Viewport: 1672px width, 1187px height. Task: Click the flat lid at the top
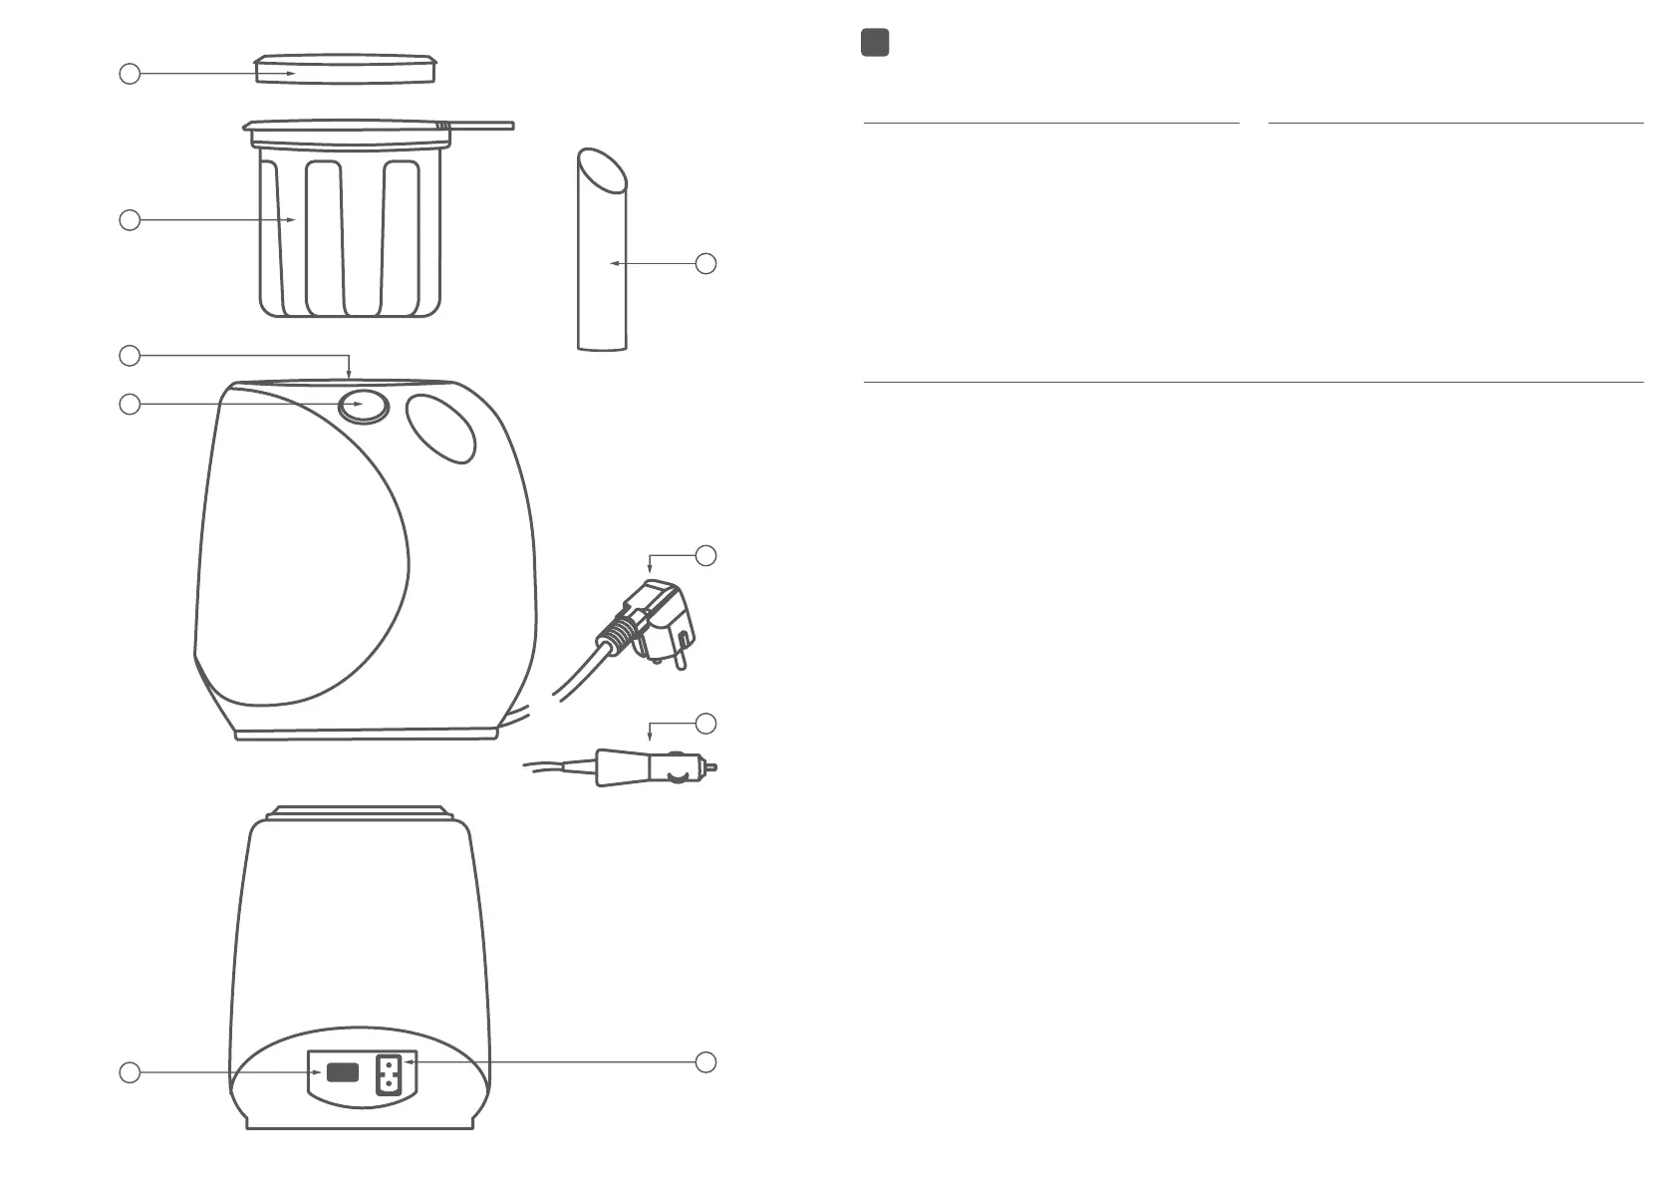tap(345, 70)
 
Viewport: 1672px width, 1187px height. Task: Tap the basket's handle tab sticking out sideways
tap(482, 126)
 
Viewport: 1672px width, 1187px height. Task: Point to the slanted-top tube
tap(602, 259)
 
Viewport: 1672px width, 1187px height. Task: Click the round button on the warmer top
tap(363, 406)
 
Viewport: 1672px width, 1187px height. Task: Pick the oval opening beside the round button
tap(441, 429)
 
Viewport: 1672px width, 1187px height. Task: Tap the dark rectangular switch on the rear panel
tap(342, 1073)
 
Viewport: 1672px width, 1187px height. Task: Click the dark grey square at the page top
tap(875, 43)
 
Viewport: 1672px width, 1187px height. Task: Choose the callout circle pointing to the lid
tap(130, 74)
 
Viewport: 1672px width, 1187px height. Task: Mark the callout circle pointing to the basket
tap(130, 220)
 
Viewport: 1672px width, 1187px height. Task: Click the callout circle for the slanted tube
tap(705, 264)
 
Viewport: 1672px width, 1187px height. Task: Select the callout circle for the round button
tap(130, 405)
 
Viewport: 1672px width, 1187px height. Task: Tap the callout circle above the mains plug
tap(705, 556)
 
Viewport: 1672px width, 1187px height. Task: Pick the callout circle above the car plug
tap(705, 723)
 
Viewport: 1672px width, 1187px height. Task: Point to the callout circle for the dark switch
tap(130, 1072)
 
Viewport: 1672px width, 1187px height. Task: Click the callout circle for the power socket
tap(705, 1062)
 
